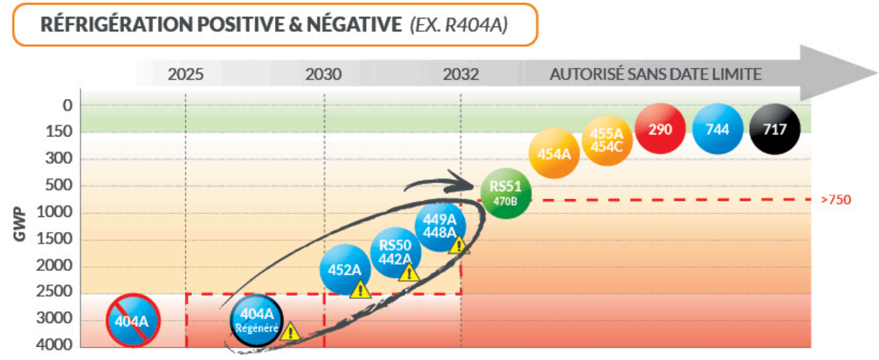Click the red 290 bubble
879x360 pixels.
coord(661,129)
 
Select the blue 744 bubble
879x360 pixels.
coord(718,129)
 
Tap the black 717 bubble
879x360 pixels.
coord(775,129)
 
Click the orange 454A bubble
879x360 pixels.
coord(554,154)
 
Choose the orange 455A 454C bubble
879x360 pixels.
coord(607,140)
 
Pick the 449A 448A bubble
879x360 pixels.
coord(440,226)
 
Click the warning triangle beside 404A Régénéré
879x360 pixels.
coord(290,331)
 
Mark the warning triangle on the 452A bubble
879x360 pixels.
coord(359,289)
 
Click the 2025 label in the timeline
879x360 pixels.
coord(185,74)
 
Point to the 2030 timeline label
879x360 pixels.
coord(324,74)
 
